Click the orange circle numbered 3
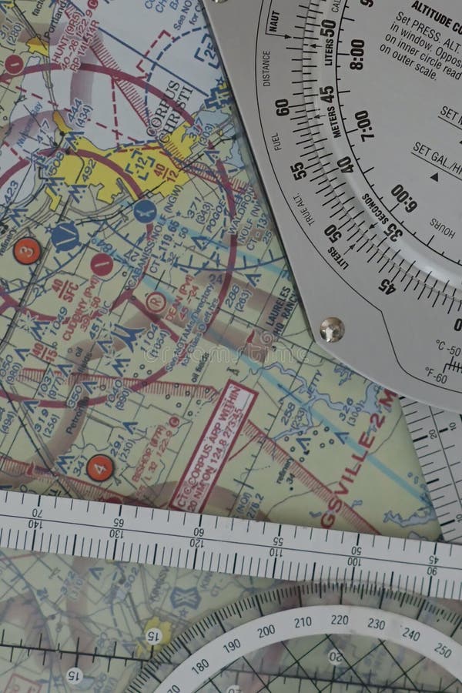[x=27, y=250]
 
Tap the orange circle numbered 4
[x=99, y=467]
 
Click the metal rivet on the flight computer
[x=331, y=329]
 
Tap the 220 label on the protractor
[x=339, y=620]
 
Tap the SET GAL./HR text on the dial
[x=435, y=155]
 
